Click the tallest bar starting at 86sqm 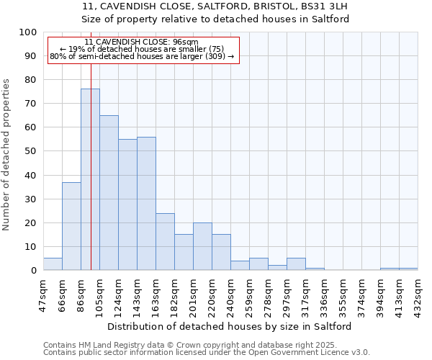90,180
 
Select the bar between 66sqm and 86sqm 71,226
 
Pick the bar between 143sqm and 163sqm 146,204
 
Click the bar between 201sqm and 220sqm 202,246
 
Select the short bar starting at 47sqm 53,264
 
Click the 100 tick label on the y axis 27,32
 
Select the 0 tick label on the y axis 33,271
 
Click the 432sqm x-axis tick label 418,294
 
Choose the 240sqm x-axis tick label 230,294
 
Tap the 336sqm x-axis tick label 324,294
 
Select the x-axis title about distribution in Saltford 230,326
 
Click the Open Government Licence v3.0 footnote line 207,353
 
